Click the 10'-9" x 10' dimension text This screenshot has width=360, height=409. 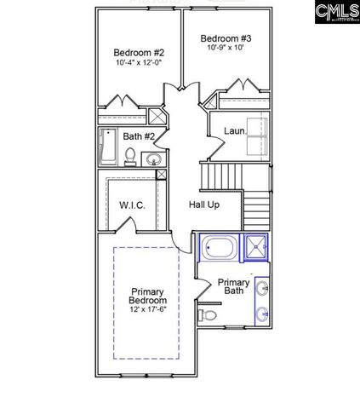tap(227, 49)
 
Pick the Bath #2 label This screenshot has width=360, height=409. tap(138, 136)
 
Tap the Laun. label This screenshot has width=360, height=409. tap(234, 131)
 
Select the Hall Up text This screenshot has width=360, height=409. tap(203, 204)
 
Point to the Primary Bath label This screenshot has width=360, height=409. tap(233, 286)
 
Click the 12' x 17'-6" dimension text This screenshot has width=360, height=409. tap(147, 311)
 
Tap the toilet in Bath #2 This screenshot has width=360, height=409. tap(130, 155)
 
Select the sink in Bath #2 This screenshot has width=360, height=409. tap(152, 159)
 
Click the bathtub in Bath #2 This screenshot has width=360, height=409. tap(107, 147)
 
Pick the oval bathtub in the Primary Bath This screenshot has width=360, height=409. tap(220, 250)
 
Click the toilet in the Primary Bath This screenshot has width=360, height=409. tap(209, 315)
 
